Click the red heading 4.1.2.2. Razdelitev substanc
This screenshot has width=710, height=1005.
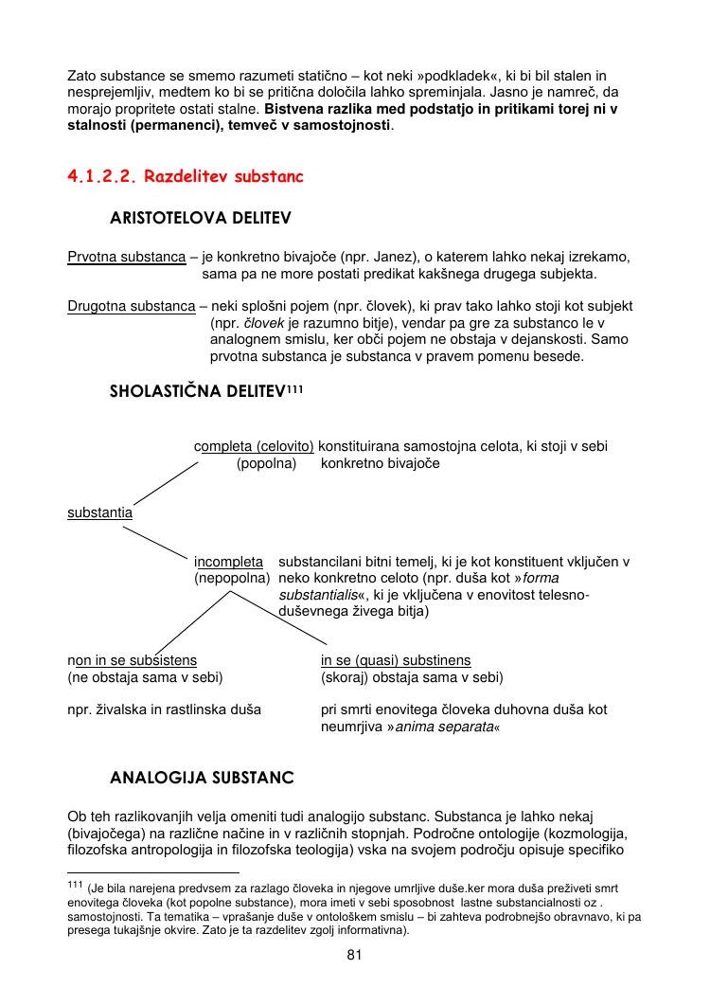186,176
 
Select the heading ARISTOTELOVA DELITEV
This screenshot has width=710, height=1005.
200,218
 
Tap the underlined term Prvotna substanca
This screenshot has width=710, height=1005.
126,257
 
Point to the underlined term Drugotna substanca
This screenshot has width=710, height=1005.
131,307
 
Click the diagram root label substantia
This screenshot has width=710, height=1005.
99,512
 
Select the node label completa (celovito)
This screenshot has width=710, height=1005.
254,446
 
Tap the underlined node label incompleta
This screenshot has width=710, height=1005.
228,562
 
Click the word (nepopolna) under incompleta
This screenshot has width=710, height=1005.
232,577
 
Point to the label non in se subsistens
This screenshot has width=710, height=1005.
132,660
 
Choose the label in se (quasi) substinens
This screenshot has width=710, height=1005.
396,660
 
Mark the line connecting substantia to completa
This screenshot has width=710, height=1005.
166,483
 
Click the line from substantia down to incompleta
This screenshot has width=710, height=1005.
157,543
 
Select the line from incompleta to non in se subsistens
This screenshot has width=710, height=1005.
193,621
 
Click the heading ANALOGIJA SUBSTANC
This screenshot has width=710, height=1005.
202,779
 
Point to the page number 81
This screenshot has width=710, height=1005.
355,955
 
